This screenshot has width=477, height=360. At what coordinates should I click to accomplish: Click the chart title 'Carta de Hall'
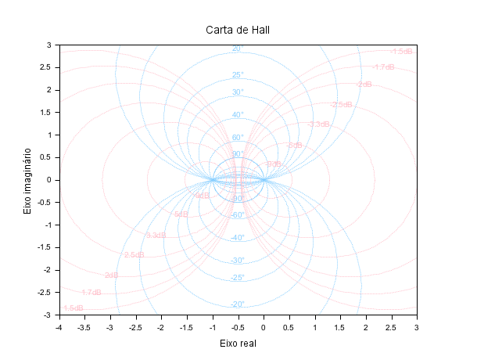coord(238,30)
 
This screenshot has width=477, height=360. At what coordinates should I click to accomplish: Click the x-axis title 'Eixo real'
coord(238,343)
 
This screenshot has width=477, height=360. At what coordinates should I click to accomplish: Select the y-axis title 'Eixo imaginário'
coord(27,180)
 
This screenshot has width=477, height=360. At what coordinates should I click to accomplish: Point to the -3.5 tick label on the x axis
coord(84,326)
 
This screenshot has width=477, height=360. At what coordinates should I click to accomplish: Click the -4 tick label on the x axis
coord(59,326)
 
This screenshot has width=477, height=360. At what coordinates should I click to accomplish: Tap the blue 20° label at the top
coord(238,49)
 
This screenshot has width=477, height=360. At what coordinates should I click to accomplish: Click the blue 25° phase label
coord(238,76)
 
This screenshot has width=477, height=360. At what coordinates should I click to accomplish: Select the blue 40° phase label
coord(238,116)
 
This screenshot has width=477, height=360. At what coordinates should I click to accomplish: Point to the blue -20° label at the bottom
coord(237,304)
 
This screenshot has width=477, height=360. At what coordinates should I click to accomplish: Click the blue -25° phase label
coord(237,278)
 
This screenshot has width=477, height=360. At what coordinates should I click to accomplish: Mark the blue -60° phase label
coord(237,215)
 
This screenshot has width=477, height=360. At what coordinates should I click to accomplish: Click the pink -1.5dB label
coord(402,52)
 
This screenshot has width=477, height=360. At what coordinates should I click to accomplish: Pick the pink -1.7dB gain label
coord(383,67)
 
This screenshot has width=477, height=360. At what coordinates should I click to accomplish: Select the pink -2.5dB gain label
coord(341,105)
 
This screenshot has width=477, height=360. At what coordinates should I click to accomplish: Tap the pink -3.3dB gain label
coord(318,124)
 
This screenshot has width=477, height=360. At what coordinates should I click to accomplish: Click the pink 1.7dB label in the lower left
coord(91,293)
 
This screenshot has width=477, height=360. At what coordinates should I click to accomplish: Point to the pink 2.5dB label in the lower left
coord(134,255)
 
